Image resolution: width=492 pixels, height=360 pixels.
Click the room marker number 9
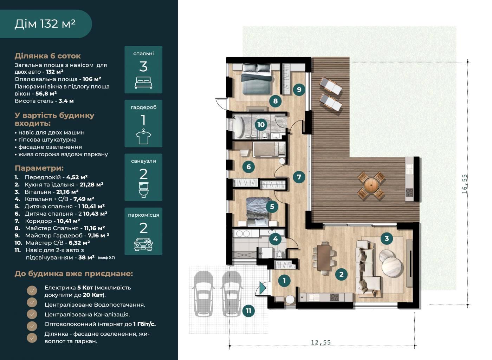click(x=299, y=89)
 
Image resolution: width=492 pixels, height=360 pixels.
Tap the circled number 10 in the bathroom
click(x=261, y=125)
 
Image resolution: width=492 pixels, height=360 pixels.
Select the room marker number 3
click(x=387, y=238)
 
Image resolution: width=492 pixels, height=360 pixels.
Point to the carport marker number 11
click(x=248, y=311)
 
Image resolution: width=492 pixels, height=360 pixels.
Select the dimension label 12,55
click(x=321, y=342)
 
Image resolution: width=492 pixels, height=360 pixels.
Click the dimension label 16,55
click(x=465, y=184)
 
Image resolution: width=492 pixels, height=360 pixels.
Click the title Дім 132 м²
click(x=45, y=24)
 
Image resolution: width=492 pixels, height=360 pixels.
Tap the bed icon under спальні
click(x=143, y=83)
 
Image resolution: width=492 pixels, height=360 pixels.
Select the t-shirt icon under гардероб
click(x=143, y=136)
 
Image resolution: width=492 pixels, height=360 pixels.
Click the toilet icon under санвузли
click(x=144, y=190)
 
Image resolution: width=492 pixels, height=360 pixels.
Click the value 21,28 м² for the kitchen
click(x=92, y=184)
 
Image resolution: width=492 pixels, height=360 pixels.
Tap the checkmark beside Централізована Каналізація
click(x=32, y=314)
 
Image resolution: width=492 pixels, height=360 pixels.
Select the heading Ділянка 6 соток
click(x=48, y=56)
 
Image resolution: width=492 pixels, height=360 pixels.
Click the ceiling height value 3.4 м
click(x=66, y=101)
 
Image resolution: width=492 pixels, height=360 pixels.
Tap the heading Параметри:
click(x=39, y=168)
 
